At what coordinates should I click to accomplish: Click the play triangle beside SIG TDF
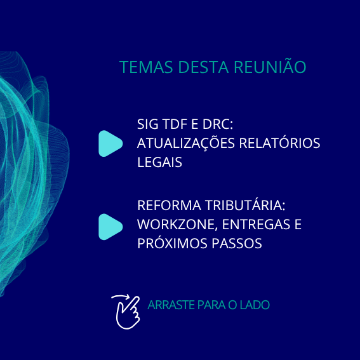[x=110, y=143]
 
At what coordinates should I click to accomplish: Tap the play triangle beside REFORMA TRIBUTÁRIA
[x=110, y=227]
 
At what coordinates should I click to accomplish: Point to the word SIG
[x=148, y=124]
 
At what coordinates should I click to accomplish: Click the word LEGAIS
[x=160, y=163]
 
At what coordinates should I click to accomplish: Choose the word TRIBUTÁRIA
[x=244, y=207]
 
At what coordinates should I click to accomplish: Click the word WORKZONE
[x=169, y=225]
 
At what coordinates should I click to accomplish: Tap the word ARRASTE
[x=167, y=305]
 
